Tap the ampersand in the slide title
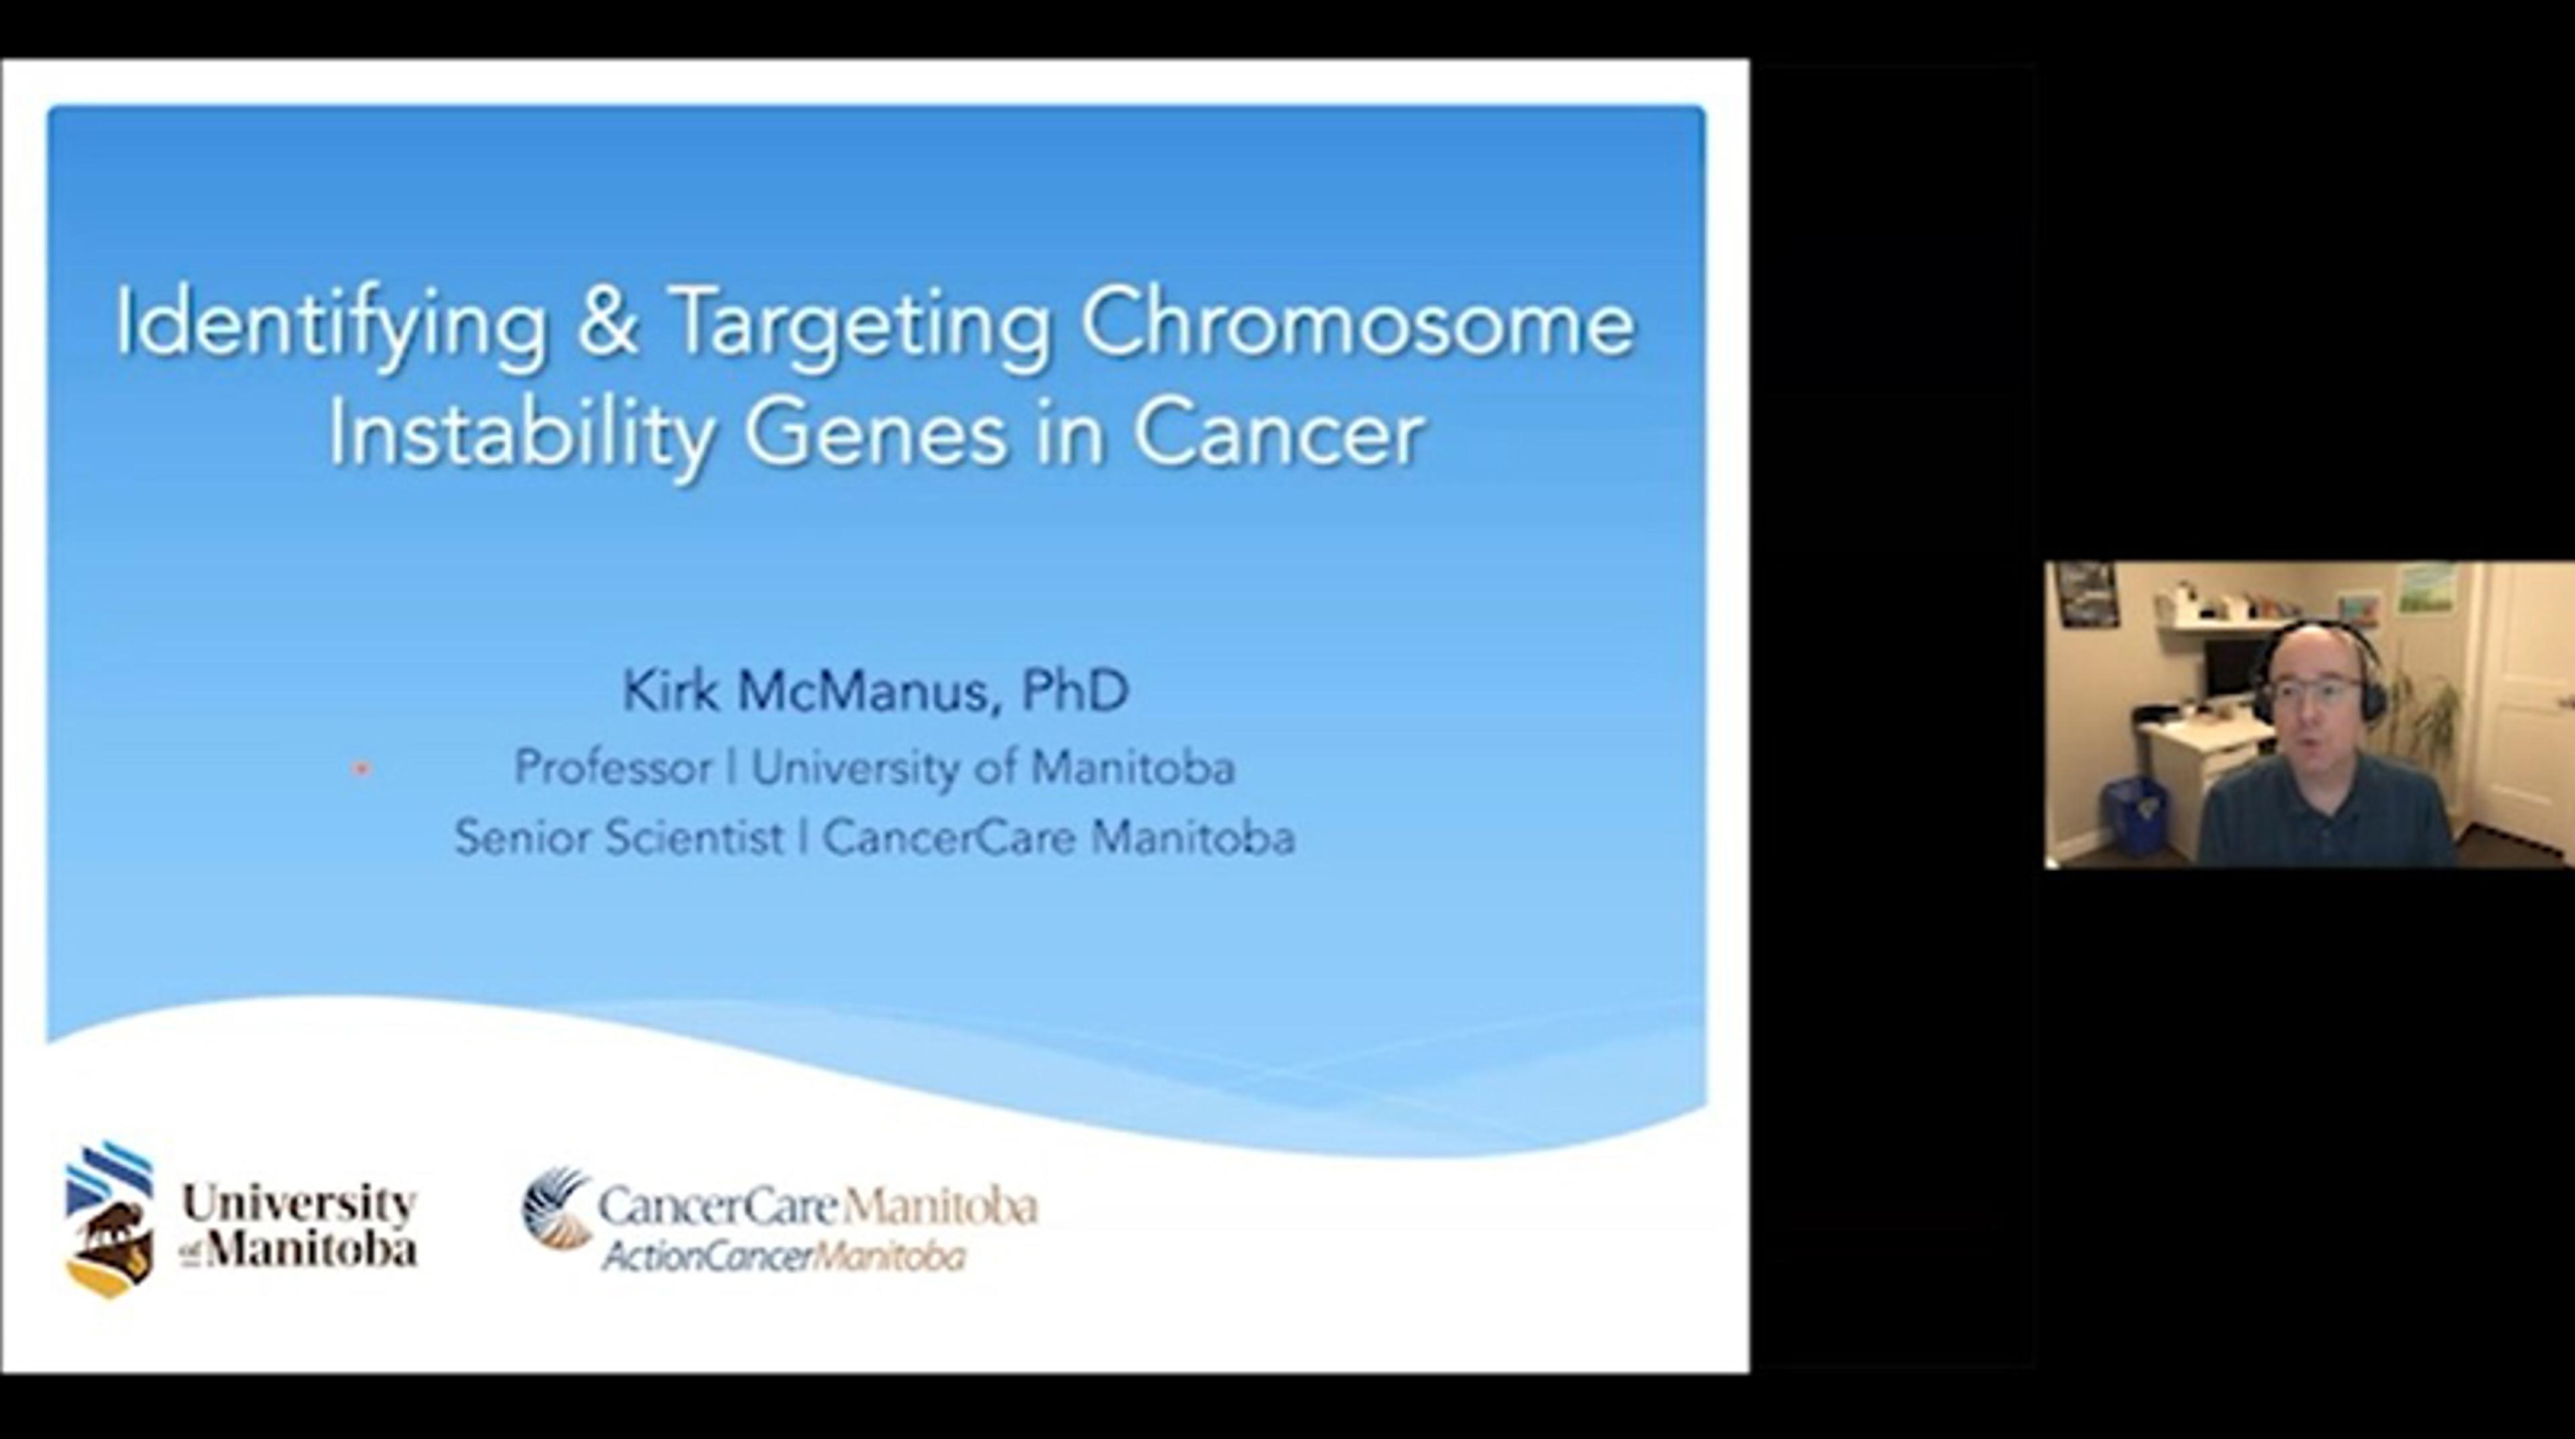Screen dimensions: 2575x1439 pyautogui.click(x=607, y=321)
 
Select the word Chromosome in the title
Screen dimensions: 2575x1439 pyautogui.click(x=1357, y=322)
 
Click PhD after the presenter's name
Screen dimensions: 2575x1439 pyautogui.click(x=1074, y=690)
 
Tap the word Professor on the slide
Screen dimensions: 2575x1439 pyautogui.click(x=613, y=767)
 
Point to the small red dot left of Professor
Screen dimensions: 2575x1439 pyautogui.click(x=362, y=769)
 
